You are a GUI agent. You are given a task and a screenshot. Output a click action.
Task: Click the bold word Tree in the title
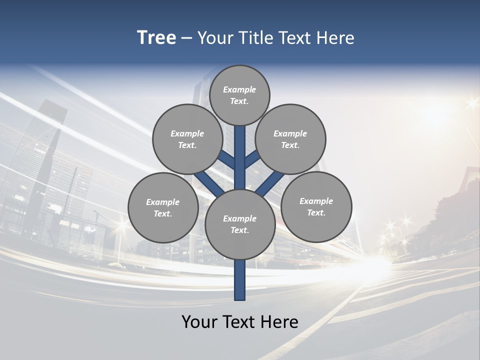[156, 38]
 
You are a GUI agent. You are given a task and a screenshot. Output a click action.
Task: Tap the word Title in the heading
[256, 38]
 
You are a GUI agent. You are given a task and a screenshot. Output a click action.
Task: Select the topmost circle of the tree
[239, 95]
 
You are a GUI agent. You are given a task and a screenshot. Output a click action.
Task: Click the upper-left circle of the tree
[187, 139]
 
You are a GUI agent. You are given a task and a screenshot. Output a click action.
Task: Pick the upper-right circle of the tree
[290, 139]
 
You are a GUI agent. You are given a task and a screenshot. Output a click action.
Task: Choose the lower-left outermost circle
[163, 207]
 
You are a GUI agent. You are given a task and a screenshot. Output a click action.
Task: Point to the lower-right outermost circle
[316, 206]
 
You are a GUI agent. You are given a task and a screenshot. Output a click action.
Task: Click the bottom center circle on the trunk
[240, 224]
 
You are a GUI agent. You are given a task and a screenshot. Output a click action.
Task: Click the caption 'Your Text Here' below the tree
[240, 322]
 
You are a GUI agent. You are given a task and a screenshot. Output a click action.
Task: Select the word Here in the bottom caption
[280, 322]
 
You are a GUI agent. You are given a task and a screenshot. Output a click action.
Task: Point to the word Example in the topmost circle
[239, 89]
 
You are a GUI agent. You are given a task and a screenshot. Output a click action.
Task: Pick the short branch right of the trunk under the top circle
[252, 160]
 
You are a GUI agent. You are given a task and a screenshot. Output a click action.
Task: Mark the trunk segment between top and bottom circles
[240, 160]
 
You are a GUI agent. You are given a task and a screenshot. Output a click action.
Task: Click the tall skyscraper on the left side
[37, 160]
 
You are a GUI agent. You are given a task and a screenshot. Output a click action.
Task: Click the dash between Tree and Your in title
[187, 38]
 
